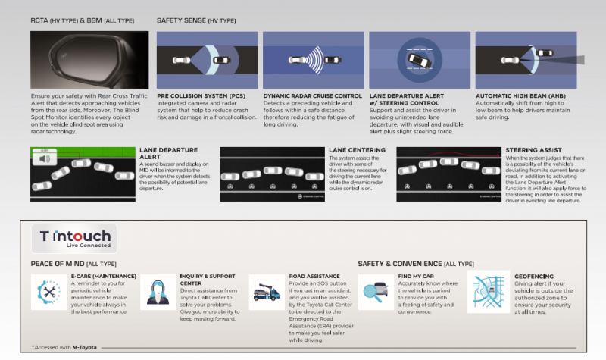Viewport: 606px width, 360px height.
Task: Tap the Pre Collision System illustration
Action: click(x=206, y=60)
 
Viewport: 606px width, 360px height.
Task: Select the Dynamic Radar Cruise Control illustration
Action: click(x=312, y=60)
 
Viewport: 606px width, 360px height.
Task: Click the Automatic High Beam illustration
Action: click(x=525, y=60)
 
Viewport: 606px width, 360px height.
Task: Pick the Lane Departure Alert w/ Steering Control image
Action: click(x=419, y=60)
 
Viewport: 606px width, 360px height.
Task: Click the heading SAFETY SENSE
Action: click(x=185, y=20)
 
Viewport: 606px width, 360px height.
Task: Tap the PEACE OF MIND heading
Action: click(x=62, y=263)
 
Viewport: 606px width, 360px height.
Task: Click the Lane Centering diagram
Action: click(x=271, y=174)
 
